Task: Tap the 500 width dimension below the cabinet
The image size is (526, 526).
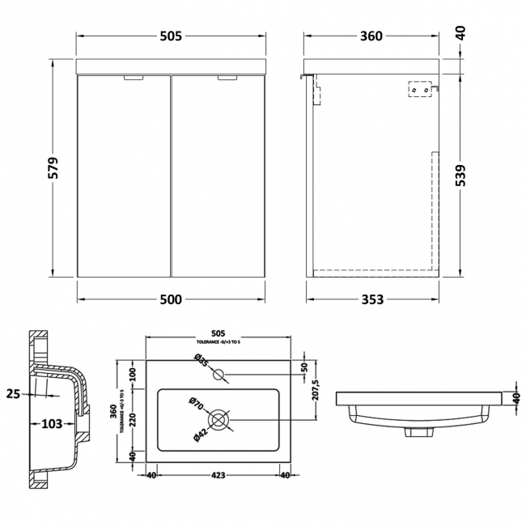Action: (x=170, y=299)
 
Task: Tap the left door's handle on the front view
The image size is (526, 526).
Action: (x=131, y=79)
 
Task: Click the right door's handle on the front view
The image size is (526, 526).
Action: (x=228, y=79)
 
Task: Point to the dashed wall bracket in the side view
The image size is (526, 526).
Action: (x=420, y=91)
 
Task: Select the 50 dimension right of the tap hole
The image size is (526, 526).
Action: (x=304, y=367)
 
